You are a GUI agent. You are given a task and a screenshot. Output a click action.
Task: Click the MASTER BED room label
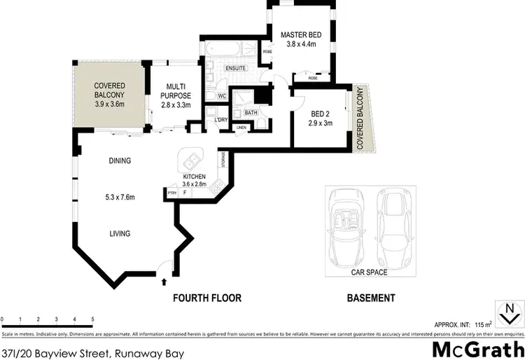tap(301, 34)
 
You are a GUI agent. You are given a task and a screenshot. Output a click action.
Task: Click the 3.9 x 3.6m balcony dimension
tap(109, 104)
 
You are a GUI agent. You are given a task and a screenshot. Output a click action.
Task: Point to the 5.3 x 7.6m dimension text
tap(114, 197)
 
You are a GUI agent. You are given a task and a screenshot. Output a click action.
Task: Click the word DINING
tap(120, 161)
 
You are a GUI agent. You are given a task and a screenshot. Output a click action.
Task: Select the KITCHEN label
tap(193, 176)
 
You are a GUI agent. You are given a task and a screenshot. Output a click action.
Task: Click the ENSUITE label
tap(236, 68)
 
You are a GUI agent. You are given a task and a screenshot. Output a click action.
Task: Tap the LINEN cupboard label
tap(241, 127)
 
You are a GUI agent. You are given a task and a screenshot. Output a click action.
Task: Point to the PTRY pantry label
tap(171, 191)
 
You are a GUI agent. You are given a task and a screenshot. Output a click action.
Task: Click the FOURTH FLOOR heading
tap(207, 298)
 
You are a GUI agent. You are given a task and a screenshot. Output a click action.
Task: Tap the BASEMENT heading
tap(371, 298)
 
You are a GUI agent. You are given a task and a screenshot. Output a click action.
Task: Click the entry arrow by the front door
tap(164, 281)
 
